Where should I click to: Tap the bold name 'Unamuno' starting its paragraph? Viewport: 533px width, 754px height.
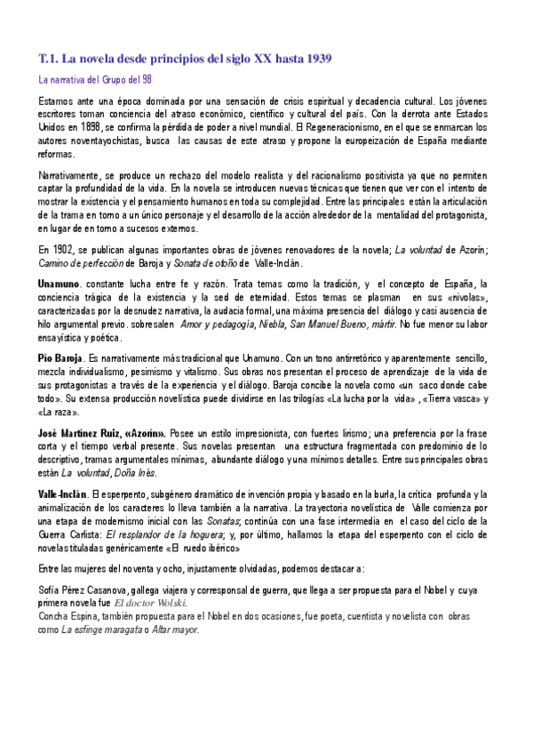pos(60,283)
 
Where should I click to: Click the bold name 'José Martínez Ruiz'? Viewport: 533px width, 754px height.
pos(80,432)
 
